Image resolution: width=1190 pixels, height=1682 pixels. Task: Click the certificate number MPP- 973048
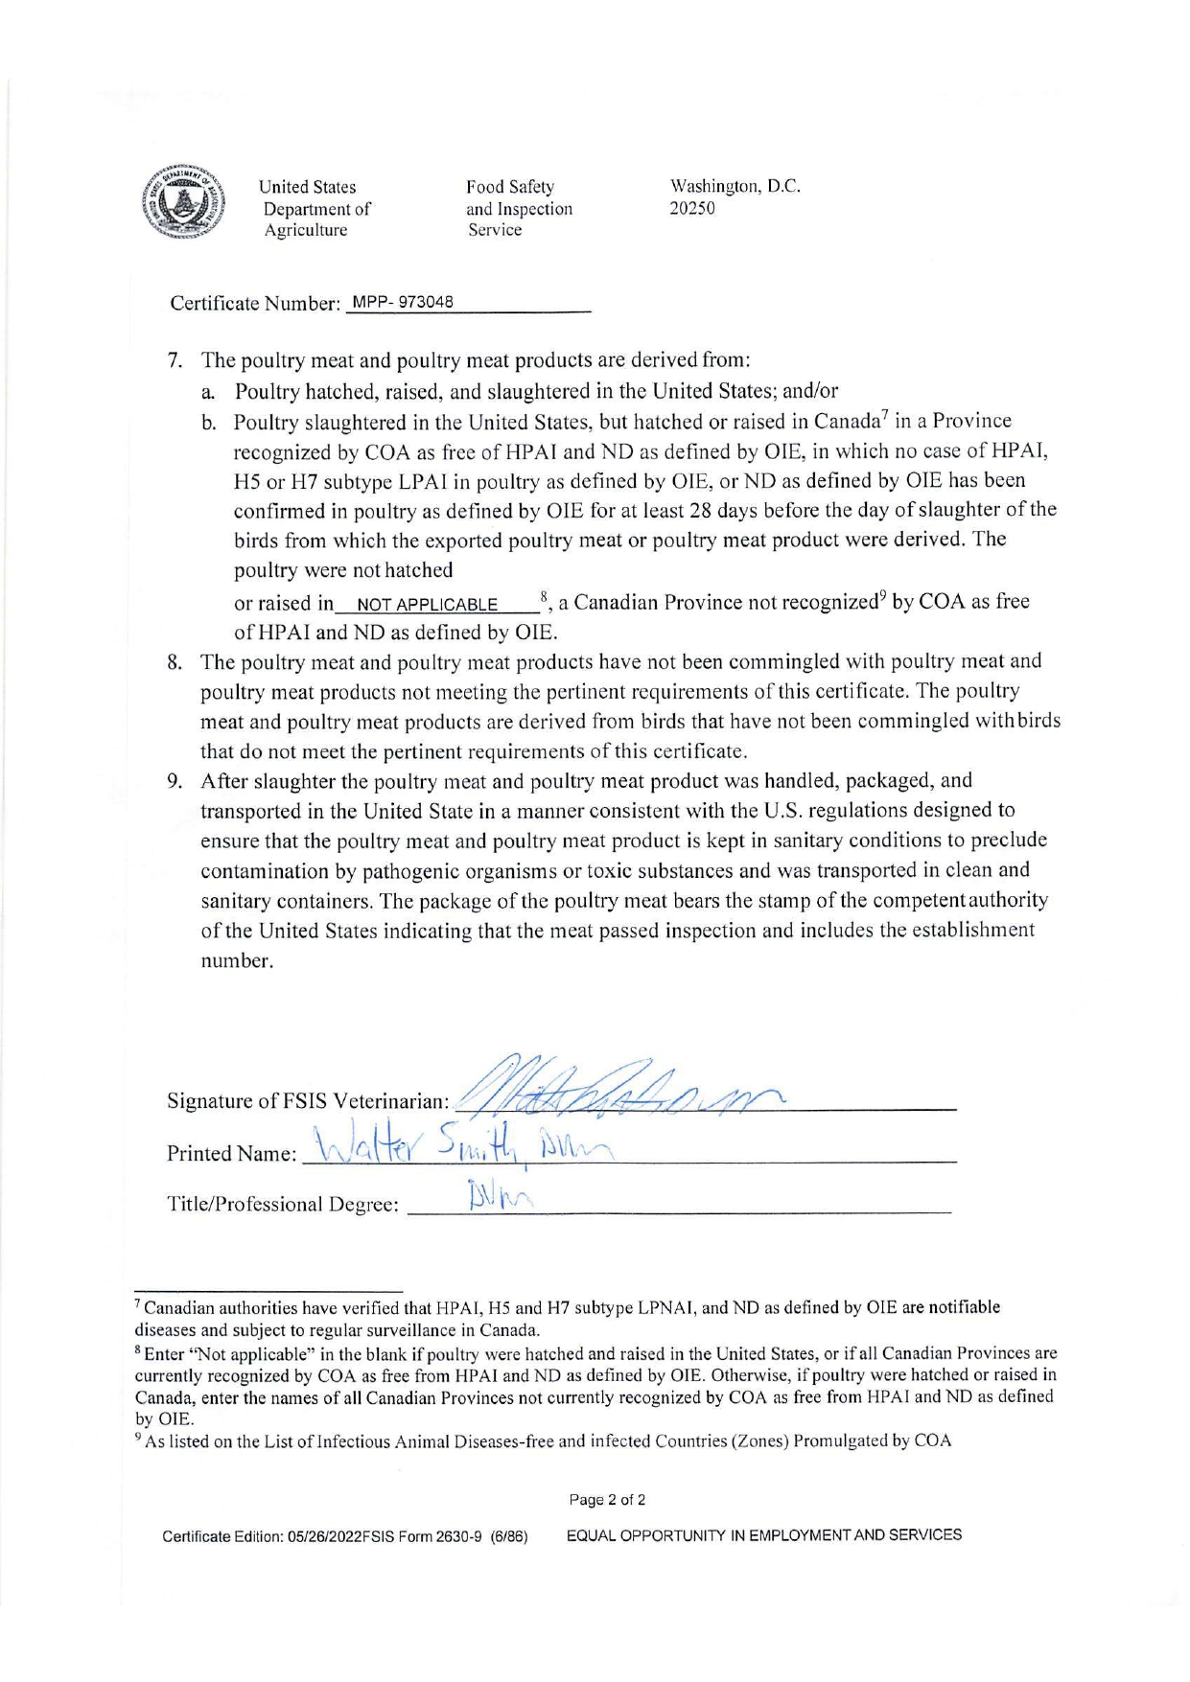coord(403,303)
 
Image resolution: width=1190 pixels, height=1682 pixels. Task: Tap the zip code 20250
coord(691,208)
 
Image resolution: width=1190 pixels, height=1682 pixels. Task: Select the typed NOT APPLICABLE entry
coord(427,605)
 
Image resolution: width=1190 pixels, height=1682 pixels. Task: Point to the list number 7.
coord(175,361)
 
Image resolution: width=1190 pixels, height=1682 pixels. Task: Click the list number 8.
coord(175,662)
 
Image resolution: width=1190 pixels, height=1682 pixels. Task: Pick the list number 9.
coord(175,781)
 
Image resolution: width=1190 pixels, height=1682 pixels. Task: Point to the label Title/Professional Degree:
coord(283,1205)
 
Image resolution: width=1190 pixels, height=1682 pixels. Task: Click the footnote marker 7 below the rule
coord(138,1305)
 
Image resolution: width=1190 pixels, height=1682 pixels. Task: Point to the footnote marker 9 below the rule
coord(138,1440)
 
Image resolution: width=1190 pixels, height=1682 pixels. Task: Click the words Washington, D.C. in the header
coord(735,187)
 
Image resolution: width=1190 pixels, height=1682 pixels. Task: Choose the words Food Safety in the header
coord(510,187)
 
